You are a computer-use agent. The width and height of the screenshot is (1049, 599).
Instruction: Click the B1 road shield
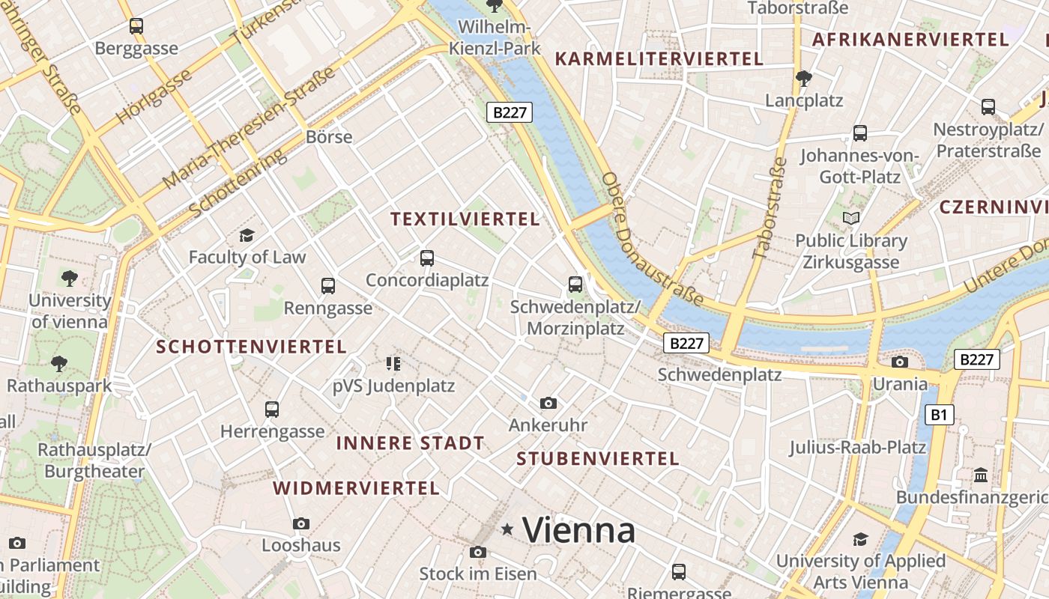940,415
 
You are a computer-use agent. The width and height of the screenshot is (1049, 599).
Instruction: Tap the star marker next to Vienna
507,530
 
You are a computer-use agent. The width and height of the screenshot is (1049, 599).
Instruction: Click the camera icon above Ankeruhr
548,404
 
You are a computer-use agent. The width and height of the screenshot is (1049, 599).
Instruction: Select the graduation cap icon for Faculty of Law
247,236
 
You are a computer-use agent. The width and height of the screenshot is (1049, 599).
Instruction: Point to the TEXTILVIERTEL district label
465,219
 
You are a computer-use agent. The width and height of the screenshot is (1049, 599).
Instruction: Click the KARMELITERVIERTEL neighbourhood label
658,59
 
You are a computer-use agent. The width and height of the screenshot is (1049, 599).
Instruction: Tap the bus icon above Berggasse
136,26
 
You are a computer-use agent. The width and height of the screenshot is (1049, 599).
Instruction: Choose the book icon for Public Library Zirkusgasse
850,219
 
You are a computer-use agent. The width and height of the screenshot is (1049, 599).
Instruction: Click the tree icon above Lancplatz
803,78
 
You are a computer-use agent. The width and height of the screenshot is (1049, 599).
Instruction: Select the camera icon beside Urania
899,362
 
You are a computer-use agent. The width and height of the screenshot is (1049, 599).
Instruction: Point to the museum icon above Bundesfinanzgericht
980,475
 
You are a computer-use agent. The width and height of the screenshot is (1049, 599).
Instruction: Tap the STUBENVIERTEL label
597,459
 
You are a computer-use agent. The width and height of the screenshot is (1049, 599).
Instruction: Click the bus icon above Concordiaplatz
426,258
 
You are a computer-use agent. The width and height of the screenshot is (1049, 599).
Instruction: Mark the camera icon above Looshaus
301,523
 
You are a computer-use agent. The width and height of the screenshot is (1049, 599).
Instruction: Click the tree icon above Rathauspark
58,364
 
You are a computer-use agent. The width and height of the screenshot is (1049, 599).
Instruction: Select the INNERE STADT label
410,443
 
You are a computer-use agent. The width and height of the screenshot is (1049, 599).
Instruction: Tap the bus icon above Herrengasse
272,410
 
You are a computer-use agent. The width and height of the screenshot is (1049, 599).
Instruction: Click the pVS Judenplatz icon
393,364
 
